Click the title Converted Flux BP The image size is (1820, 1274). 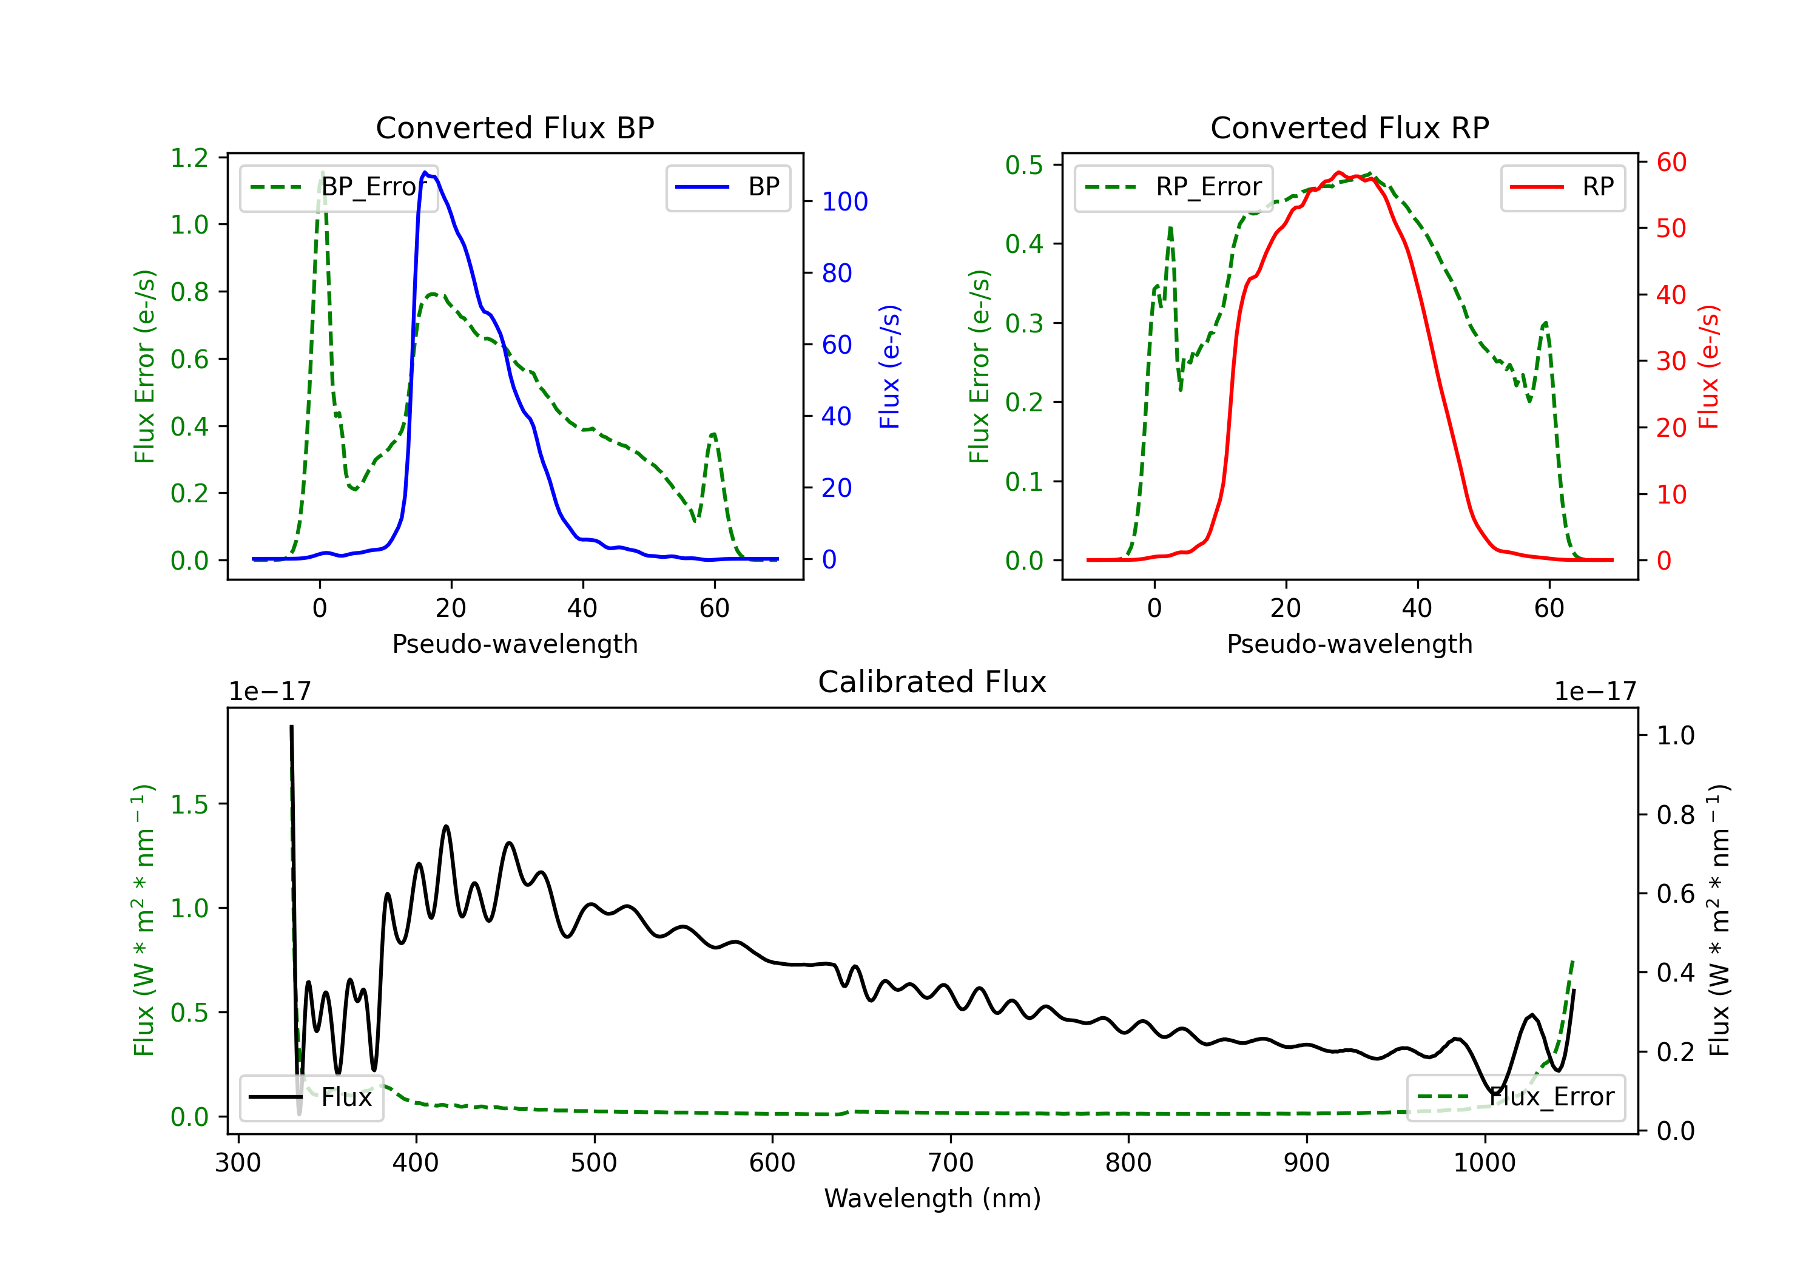pos(514,127)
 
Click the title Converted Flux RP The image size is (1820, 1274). pos(1349,127)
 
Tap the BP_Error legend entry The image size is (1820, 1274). pos(339,187)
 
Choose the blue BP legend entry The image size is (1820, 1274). pos(727,187)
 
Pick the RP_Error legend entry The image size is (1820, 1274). pos(1173,187)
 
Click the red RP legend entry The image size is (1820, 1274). pos(1562,187)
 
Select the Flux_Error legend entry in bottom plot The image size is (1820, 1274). pos(1515,1097)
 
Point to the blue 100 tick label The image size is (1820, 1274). pos(845,201)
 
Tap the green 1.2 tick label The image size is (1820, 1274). pos(189,158)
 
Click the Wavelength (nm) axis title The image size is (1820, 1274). pos(932,1198)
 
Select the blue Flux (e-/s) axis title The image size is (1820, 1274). pos(889,366)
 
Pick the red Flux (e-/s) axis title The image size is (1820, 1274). pos(1708,366)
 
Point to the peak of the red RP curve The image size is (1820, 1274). pos(1339,172)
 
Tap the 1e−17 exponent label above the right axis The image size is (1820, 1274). pos(1595,692)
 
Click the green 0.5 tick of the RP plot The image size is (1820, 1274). pos(1024,165)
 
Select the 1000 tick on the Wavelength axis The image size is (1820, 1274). pos(1485,1162)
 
